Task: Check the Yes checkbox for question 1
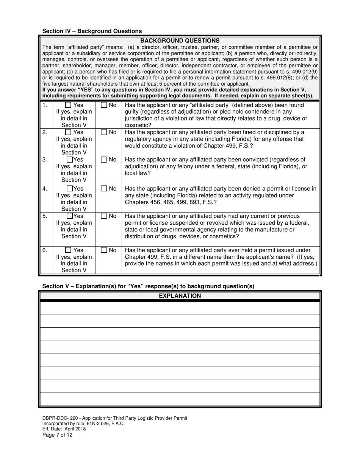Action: pos(68,105)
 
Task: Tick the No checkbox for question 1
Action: pos(104,105)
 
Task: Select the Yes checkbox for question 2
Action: pos(68,133)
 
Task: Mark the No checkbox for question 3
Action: pos(104,160)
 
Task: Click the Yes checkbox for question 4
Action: pos(70,189)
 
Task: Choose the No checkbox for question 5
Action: pos(104,216)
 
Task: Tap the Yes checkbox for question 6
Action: pos(68,250)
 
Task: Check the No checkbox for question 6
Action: pos(104,250)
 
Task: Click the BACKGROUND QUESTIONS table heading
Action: pos(180,41)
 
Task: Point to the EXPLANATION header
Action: pos(180,296)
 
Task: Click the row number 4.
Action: pos(45,189)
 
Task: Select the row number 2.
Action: pos(45,133)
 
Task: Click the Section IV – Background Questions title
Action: pos(92,31)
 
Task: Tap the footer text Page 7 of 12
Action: pos(57,435)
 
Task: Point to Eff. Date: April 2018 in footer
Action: pos(64,429)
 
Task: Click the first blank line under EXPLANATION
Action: pos(180,308)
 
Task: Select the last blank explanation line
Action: pos(180,399)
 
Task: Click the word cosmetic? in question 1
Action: pos(138,125)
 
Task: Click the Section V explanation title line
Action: pos(148,286)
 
